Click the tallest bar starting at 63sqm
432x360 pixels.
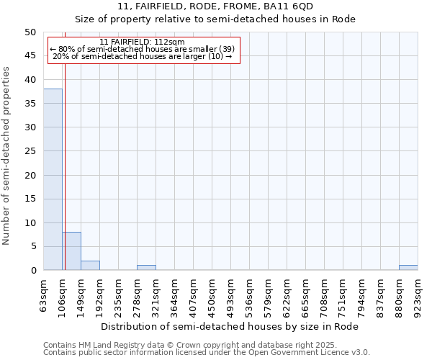coord(53,179)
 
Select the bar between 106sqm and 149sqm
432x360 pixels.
coord(71,251)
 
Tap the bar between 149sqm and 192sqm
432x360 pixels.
coord(90,266)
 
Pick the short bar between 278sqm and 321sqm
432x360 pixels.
coord(146,268)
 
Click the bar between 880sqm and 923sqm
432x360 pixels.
coord(408,268)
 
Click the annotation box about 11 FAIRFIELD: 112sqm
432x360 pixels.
coord(143,50)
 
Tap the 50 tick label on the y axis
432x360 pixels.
coord(30,32)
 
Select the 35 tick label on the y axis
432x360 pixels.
coord(30,104)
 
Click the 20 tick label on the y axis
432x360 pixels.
coord(30,175)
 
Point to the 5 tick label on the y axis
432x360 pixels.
coord(33,246)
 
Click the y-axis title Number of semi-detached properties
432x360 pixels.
coord(7,156)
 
